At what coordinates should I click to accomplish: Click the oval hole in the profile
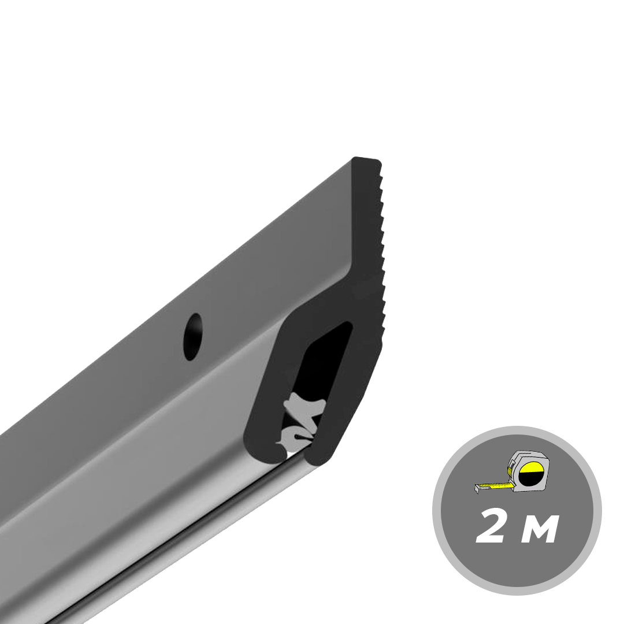(x=192, y=337)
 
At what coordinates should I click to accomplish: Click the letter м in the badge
(x=539, y=531)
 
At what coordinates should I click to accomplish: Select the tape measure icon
(x=511, y=473)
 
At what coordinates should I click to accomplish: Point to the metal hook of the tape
(x=478, y=489)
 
